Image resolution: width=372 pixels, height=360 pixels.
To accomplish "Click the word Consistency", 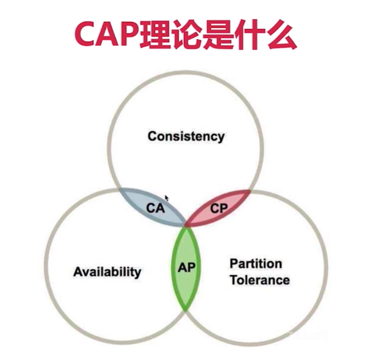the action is [186, 136].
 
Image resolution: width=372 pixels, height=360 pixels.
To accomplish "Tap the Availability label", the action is [107, 272].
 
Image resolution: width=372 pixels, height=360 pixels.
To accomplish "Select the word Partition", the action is [256, 264].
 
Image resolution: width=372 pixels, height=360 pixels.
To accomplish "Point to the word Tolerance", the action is [260, 280].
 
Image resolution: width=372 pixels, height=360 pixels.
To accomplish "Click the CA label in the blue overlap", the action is [155, 208].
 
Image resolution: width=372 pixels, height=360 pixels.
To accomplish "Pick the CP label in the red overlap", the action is [219, 208].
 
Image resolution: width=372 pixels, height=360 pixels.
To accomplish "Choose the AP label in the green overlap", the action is [187, 268].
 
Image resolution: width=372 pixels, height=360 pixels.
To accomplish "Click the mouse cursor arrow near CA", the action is [167, 198].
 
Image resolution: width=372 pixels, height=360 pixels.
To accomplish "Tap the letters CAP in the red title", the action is [107, 34].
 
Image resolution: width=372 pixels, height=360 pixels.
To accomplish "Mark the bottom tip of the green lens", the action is [186, 310].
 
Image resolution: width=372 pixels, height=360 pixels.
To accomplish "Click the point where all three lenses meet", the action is [186, 225].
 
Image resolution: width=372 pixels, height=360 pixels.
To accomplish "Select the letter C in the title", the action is [85, 34].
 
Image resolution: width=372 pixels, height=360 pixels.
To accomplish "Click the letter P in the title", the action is [129, 34].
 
